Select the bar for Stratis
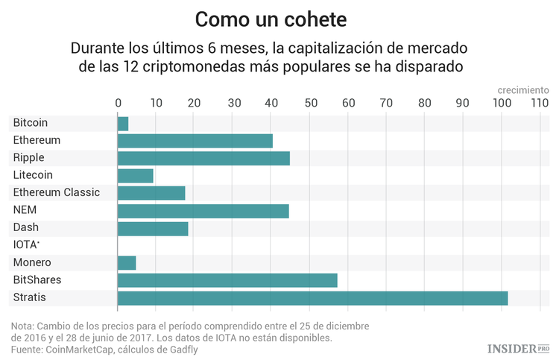pos(312,298)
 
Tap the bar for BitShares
pos(227,280)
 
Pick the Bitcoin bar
pos(123,123)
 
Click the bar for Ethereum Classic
pos(151,193)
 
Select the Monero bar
pos(127,263)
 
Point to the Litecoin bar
pos(136,175)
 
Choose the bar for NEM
pos(203,210)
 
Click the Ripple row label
pos(28,158)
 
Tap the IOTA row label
pos(26,244)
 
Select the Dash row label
pos(25,227)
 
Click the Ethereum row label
pos(37,140)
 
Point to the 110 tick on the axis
pos(540,104)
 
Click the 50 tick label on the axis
pos(309,104)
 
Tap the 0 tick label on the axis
pos(118,104)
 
